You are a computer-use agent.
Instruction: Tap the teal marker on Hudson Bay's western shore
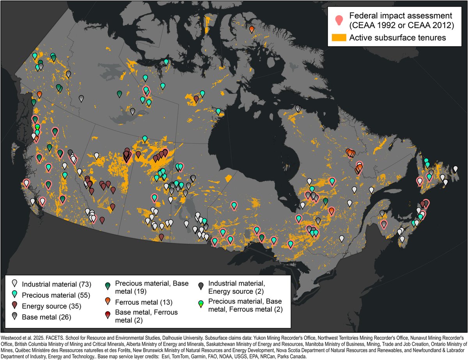pyautogui.click(x=218, y=111)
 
